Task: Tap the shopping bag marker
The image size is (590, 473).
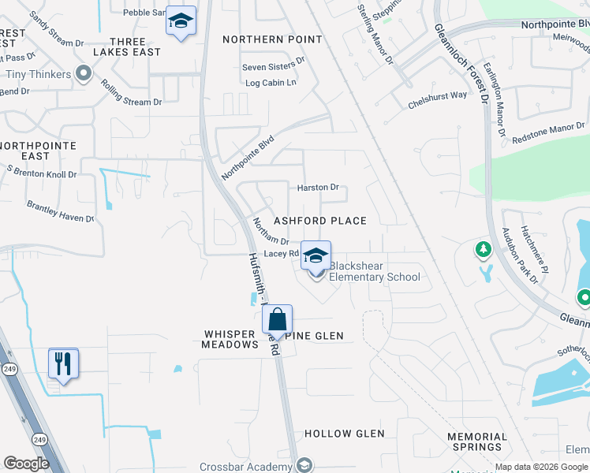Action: tap(277, 320)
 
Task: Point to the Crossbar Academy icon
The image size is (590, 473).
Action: tap(304, 465)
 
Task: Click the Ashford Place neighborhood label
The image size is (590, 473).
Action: tap(320, 221)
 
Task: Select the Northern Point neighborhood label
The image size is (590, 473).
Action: tap(272, 39)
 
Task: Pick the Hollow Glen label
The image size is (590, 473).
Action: tap(345, 434)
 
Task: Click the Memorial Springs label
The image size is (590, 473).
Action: tap(476, 442)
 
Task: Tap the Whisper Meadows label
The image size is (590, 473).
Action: tap(230, 340)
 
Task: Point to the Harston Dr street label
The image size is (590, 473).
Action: tap(318, 188)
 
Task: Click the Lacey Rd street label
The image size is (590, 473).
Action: tap(281, 253)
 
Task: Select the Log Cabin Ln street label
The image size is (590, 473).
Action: tap(271, 82)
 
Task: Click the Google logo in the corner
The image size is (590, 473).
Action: tap(26, 464)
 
